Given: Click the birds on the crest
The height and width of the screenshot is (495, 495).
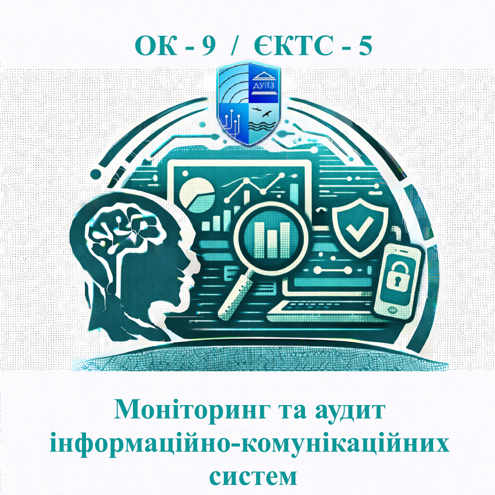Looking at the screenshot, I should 265,115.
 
